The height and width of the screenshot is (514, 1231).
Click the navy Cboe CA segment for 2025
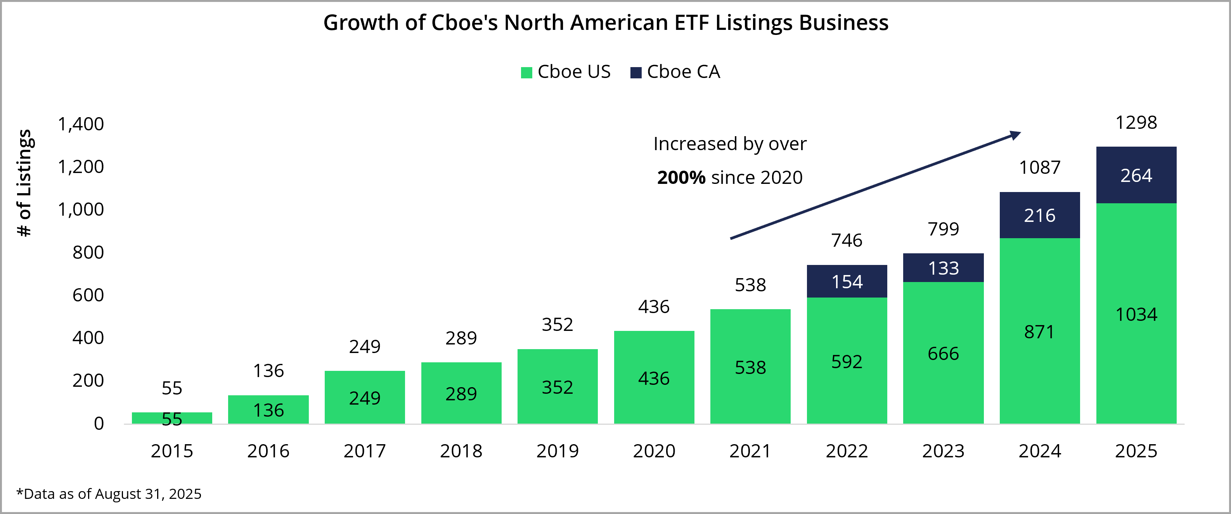coord(1136,175)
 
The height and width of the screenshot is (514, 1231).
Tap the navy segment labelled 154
coord(847,281)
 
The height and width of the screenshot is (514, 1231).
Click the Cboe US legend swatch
coord(526,73)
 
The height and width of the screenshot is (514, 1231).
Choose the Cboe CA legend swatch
coord(635,73)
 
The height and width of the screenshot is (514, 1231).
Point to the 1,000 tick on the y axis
coord(81,209)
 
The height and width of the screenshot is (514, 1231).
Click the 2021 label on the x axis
coord(750,451)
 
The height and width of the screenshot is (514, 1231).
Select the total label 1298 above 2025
coord(1136,123)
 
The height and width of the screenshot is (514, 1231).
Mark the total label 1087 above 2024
coord(1039,168)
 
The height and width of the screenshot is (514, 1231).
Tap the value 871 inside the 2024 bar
coord(1039,332)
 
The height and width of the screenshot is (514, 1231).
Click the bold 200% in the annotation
coord(681,178)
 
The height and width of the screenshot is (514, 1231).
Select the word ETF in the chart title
coord(691,22)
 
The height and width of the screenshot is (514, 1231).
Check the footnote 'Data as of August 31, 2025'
coord(109,493)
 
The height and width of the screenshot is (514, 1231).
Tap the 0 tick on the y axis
coord(99,423)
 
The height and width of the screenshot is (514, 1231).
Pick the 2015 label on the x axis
coord(171,451)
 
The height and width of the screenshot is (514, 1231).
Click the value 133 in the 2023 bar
coord(943,268)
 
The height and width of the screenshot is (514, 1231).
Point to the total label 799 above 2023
coord(943,229)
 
